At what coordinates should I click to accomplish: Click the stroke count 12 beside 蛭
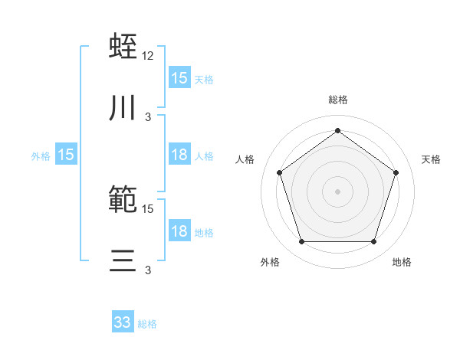point(148,55)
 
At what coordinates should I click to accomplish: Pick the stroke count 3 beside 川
point(148,117)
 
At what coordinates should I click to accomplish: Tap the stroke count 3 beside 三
point(148,271)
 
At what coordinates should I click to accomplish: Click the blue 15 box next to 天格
point(179,78)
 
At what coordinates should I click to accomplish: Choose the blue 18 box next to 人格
point(179,155)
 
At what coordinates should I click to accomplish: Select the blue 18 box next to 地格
point(179,231)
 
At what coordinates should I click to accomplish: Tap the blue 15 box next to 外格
point(66,155)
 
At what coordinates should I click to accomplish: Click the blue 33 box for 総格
point(123,322)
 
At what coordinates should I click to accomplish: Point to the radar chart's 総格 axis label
point(338,100)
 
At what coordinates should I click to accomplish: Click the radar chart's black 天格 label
point(431,159)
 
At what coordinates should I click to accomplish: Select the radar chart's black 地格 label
point(402,262)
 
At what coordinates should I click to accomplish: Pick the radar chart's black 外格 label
point(270,262)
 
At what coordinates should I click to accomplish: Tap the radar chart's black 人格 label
point(245,159)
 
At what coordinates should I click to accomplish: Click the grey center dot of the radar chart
point(337,191)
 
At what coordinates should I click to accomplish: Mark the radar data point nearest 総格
point(337,130)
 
